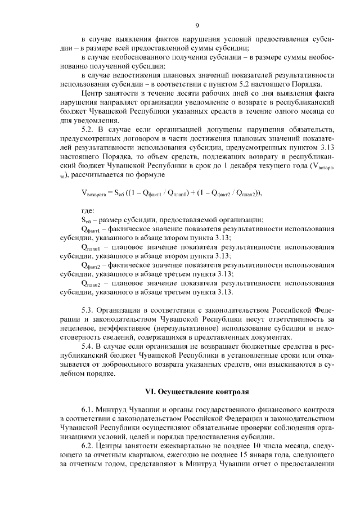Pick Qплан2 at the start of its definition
tap(91, 283)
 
